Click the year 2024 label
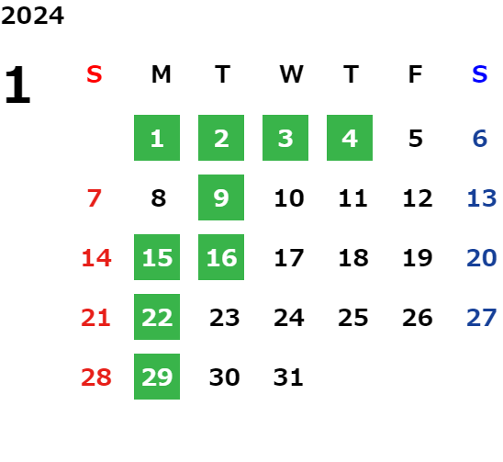click(x=32, y=16)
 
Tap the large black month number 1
click(x=18, y=85)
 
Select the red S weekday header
click(x=95, y=74)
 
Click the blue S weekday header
click(x=480, y=74)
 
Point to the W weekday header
click(x=291, y=74)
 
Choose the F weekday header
click(x=416, y=74)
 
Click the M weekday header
click(x=161, y=74)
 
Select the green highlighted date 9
click(x=221, y=197)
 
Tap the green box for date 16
click(x=221, y=257)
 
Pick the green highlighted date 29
click(x=157, y=377)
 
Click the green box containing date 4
click(x=350, y=138)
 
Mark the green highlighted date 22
click(x=157, y=317)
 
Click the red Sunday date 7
click(x=95, y=198)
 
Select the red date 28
click(x=96, y=377)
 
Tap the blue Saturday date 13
click(x=482, y=198)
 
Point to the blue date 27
click(x=482, y=318)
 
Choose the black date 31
click(x=288, y=377)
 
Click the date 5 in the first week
click(x=416, y=139)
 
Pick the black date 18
click(x=353, y=258)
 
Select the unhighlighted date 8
click(x=159, y=198)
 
